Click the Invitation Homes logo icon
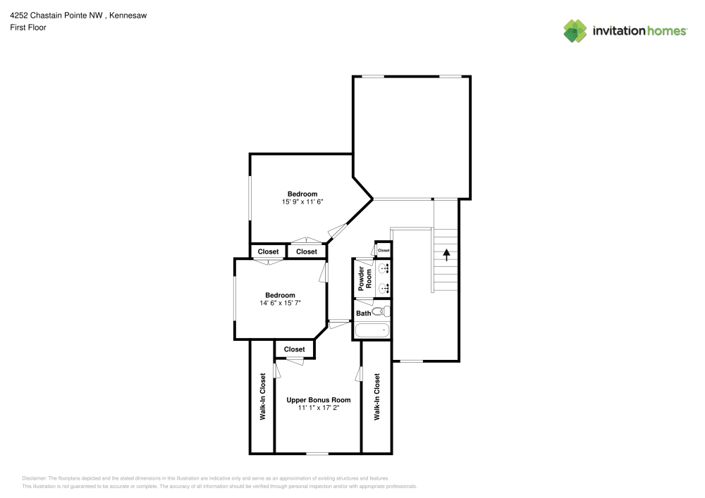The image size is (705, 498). click(x=575, y=30)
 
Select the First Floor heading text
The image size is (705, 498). click(x=28, y=27)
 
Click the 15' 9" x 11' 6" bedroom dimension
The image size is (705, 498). click(x=302, y=201)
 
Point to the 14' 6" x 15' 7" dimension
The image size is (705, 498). click(x=280, y=303)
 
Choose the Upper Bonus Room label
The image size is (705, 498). click(x=318, y=400)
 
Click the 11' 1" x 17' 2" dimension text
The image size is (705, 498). click(x=318, y=408)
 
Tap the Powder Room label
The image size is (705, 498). click(x=364, y=279)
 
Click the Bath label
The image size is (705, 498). click(x=363, y=313)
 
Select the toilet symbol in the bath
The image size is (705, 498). click(x=381, y=311)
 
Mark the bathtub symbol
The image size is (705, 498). click(x=372, y=330)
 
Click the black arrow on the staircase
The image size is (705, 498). click(x=446, y=254)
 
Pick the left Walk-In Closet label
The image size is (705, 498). click(x=262, y=397)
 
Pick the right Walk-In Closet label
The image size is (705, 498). click(x=376, y=397)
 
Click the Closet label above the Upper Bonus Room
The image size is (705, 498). click(x=294, y=349)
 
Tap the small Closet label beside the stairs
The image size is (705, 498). click(x=384, y=250)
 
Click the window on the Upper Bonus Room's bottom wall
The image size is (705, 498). click(x=317, y=453)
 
